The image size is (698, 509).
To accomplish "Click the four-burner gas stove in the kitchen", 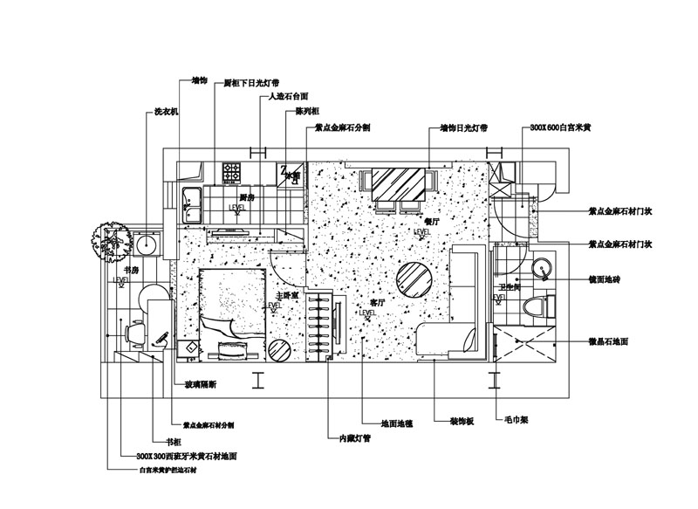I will pyautogui.click(x=232, y=171).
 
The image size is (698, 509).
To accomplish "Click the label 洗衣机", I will pyautogui.click(x=166, y=112).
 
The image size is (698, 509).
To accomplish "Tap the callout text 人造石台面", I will pyautogui.click(x=290, y=96).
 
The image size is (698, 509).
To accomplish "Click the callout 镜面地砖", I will pyautogui.click(x=606, y=279).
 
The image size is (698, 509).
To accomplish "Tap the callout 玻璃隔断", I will pyautogui.click(x=203, y=383).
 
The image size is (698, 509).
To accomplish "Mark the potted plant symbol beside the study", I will pyautogui.click(x=109, y=241).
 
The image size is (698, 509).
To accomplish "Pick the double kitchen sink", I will pyautogui.click(x=192, y=205).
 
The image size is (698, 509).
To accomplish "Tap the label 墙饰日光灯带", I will pyautogui.click(x=458, y=128).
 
